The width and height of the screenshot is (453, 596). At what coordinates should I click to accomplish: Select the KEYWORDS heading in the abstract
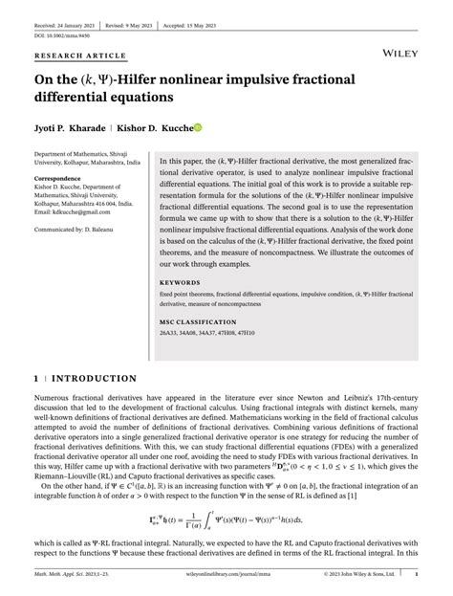[181, 283]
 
